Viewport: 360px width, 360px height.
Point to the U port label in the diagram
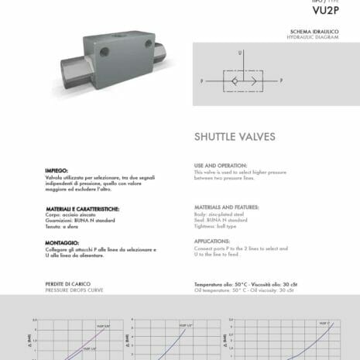tap(241, 53)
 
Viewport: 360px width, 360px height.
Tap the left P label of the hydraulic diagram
tap(202, 81)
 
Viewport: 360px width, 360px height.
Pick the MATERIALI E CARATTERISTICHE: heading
tap(81, 208)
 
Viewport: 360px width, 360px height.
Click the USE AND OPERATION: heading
tap(221, 166)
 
